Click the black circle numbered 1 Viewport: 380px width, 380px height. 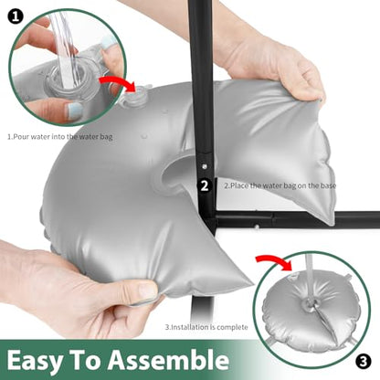[15, 16]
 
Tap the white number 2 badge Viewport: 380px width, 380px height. [205, 185]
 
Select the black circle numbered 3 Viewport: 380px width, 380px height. [363, 362]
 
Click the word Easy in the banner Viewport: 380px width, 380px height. [34, 360]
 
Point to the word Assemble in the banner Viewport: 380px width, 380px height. [168, 359]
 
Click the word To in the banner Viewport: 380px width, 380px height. [85, 359]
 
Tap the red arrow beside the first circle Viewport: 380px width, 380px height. [118, 83]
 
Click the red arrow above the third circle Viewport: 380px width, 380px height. [274, 262]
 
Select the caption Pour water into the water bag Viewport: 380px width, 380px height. [60, 137]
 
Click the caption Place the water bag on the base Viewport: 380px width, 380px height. [280, 185]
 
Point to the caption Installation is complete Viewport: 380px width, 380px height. [206, 327]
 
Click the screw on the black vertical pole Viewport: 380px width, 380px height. [204, 166]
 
